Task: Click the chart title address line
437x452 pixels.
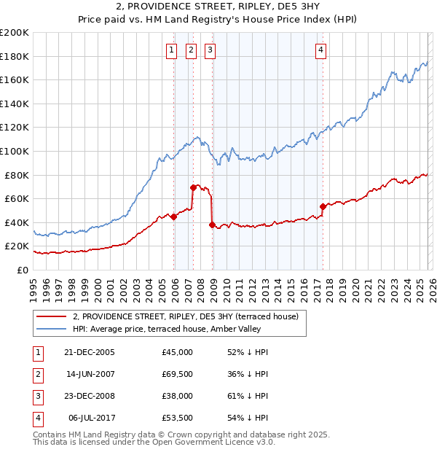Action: [219, 6]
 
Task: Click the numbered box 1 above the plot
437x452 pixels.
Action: [171, 50]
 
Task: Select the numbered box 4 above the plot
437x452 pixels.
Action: [320, 50]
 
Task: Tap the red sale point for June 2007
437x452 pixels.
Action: [193, 187]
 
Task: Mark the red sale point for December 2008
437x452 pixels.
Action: [212, 225]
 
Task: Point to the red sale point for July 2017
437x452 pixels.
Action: [322, 206]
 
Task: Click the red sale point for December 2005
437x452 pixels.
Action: [174, 217]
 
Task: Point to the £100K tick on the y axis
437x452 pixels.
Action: [15, 151]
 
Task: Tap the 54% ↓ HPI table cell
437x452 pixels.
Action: [248, 418]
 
